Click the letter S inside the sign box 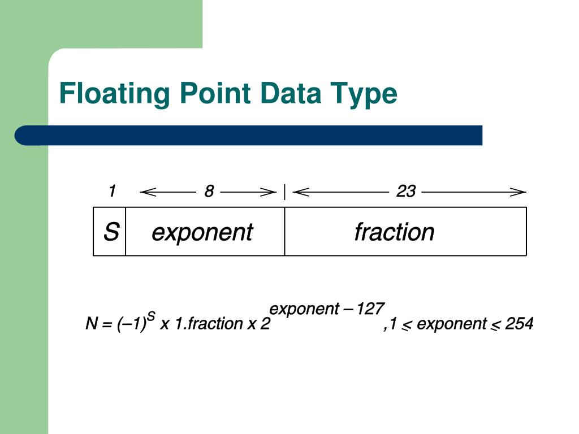(111, 232)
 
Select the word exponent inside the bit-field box (202, 232)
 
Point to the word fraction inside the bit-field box (394, 232)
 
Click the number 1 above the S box (112, 192)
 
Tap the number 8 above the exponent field (209, 192)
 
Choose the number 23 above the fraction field (405, 192)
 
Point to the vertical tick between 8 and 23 (284, 192)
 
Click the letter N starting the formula (91, 324)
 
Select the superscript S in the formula (151, 316)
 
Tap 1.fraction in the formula (209, 324)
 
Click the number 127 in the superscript (371, 309)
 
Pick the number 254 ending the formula (519, 324)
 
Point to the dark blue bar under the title (249, 136)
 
